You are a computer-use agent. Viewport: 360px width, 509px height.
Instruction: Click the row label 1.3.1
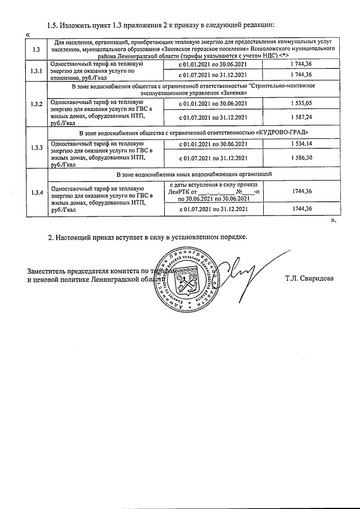36,70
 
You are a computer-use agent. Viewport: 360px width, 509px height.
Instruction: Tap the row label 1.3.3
36,148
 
